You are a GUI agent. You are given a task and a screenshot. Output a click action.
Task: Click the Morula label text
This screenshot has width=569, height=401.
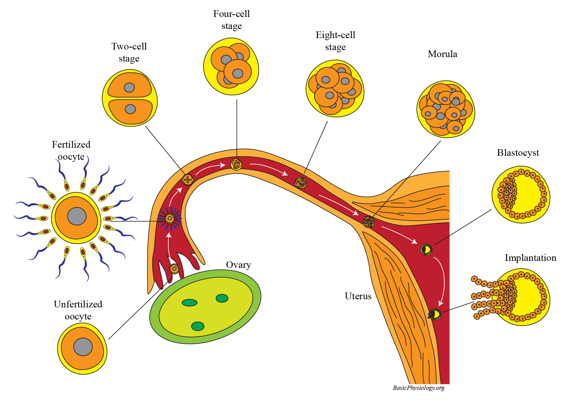442,54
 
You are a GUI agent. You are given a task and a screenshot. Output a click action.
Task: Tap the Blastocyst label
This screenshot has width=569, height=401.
518,153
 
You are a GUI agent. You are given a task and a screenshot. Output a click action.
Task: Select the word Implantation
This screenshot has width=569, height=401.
530,258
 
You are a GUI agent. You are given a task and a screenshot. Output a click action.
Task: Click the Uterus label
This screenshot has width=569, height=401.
358,296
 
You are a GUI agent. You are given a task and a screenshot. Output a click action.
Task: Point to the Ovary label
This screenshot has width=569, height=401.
238,265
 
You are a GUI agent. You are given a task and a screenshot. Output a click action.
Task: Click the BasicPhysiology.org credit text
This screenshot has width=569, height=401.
419,388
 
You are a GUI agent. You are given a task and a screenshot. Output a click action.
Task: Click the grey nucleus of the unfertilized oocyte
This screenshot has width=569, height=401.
83,347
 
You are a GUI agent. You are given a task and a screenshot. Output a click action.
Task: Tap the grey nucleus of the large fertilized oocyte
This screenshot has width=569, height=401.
77,216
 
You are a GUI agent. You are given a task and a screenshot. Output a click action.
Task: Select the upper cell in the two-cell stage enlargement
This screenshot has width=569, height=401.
129,86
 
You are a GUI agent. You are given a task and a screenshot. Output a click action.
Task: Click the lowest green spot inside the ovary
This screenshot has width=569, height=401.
198,326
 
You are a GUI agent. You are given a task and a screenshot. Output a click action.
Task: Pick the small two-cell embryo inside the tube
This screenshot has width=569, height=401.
188,180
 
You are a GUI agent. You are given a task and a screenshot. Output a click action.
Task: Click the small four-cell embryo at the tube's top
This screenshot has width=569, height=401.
236,165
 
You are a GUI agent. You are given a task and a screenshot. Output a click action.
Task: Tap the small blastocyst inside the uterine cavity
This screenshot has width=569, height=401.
426,249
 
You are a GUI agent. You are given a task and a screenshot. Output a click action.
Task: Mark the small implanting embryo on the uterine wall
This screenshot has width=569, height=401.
435,315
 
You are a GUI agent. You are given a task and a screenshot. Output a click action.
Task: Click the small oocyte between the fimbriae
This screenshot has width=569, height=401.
174,268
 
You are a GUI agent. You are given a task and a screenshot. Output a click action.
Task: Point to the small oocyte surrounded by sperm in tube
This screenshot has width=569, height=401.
170,218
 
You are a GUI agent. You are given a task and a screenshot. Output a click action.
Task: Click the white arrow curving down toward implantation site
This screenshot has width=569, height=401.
443,281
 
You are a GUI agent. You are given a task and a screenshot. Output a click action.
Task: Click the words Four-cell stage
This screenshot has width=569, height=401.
231,20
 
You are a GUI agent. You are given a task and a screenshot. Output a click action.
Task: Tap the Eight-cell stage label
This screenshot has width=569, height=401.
335,41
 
